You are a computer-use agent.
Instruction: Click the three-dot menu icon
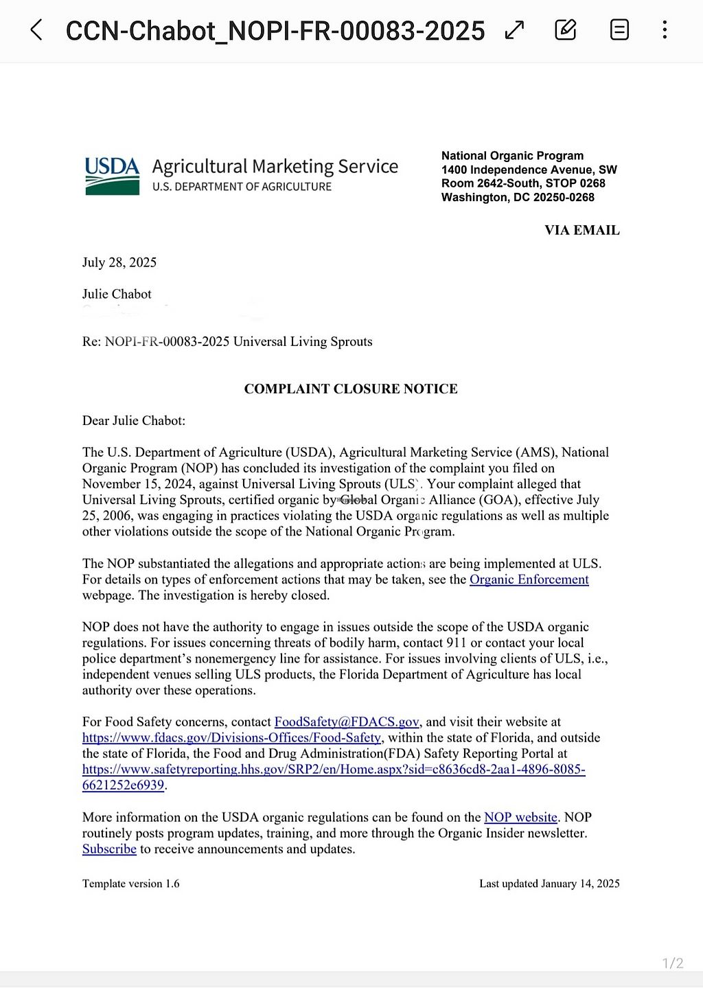tap(665, 30)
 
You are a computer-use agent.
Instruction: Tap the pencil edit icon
tap(565, 30)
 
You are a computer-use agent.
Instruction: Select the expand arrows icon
tap(514, 30)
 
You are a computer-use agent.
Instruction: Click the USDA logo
tap(112, 176)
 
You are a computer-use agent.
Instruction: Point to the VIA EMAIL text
tap(581, 231)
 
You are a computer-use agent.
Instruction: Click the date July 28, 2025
tap(119, 262)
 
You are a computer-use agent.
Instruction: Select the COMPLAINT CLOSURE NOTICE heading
tap(351, 389)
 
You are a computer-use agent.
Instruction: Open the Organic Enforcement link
tap(529, 579)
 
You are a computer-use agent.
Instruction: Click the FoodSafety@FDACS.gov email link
tap(346, 722)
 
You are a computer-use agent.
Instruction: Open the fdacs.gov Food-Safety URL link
tap(231, 737)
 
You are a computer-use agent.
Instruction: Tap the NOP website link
tap(520, 817)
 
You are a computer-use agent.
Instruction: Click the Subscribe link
tap(109, 849)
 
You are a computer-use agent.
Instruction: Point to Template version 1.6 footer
tap(130, 884)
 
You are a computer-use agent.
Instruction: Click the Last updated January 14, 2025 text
tap(549, 884)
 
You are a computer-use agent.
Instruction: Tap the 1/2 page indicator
tap(672, 963)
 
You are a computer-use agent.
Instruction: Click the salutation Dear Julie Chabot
tap(134, 421)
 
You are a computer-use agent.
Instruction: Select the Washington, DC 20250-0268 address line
tap(518, 197)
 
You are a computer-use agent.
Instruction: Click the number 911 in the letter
tap(454, 643)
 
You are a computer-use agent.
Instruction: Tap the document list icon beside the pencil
tap(619, 30)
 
